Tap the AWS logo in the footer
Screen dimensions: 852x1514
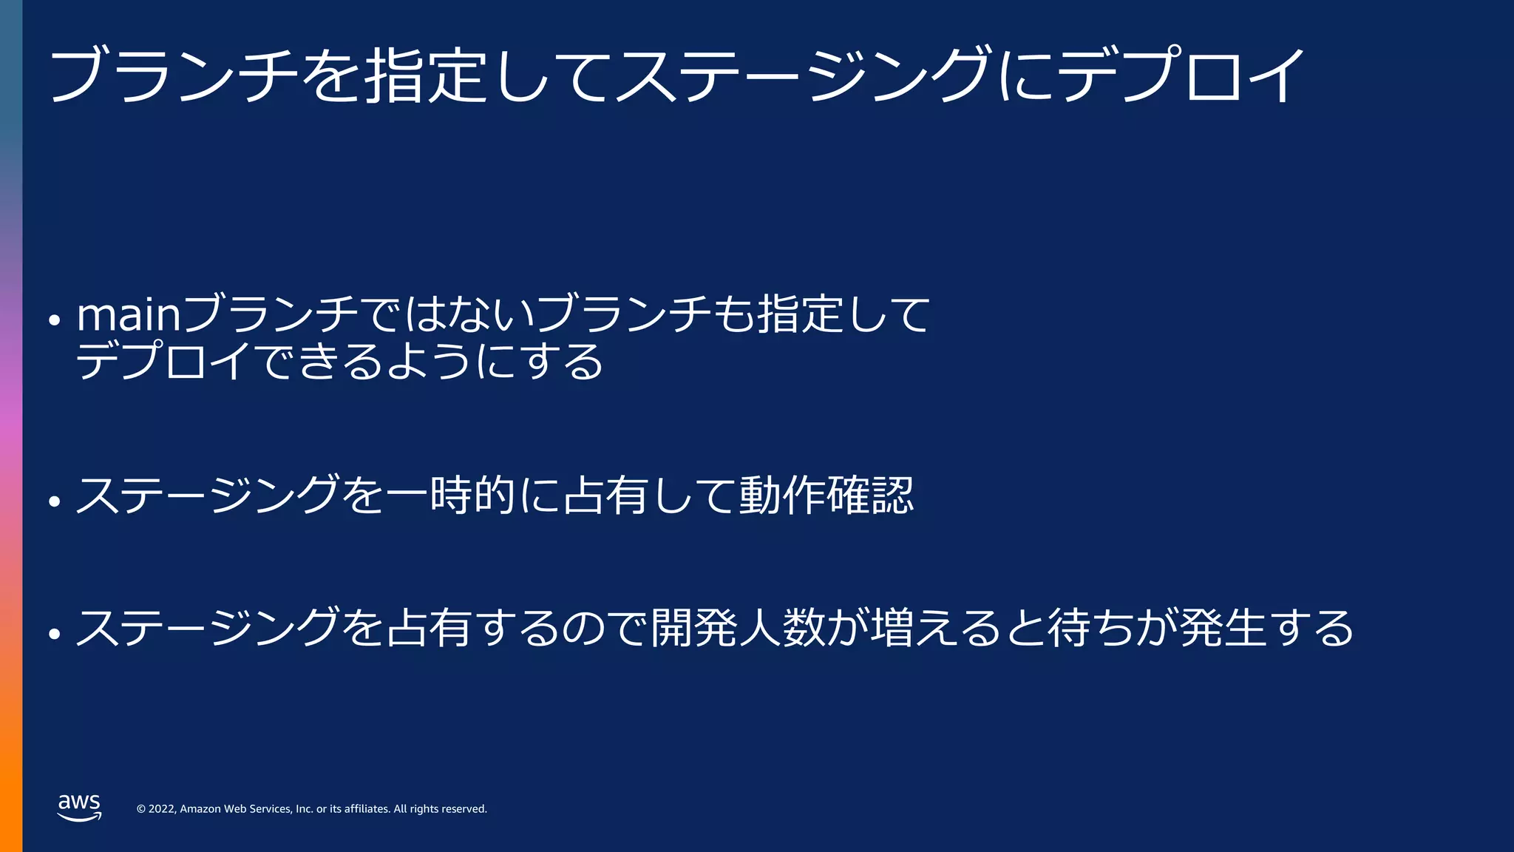(79, 807)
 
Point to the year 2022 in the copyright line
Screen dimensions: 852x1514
(162, 809)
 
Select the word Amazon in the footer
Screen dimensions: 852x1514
(200, 809)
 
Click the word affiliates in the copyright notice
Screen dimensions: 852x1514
(367, 809)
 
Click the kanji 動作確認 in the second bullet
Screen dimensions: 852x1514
(826, 495)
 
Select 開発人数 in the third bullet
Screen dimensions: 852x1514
(736, 628)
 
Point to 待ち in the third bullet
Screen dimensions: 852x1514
(1090, 628)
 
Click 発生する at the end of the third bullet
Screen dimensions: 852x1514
(1267, 628)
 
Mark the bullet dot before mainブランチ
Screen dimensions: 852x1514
(54, 321)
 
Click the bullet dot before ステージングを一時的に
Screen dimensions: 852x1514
(54, 501)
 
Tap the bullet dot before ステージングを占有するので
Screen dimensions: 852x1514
(54, 634)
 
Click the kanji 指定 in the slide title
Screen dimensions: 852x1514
(426, 74)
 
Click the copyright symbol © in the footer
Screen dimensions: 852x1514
(140, 809)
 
